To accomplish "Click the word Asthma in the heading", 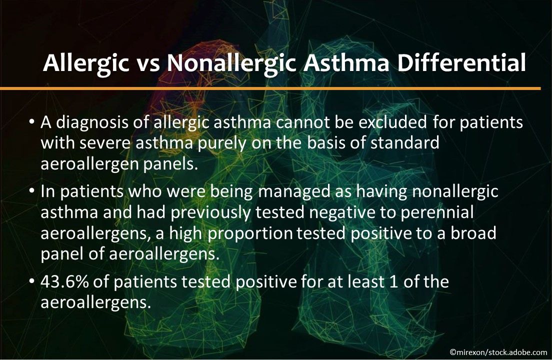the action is tap(346, 63).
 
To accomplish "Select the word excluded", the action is tap(392, 122).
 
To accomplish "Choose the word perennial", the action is tap(437, 213).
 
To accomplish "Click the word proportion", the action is tap(250, 234).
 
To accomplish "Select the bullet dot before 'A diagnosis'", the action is tap(32, 122).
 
